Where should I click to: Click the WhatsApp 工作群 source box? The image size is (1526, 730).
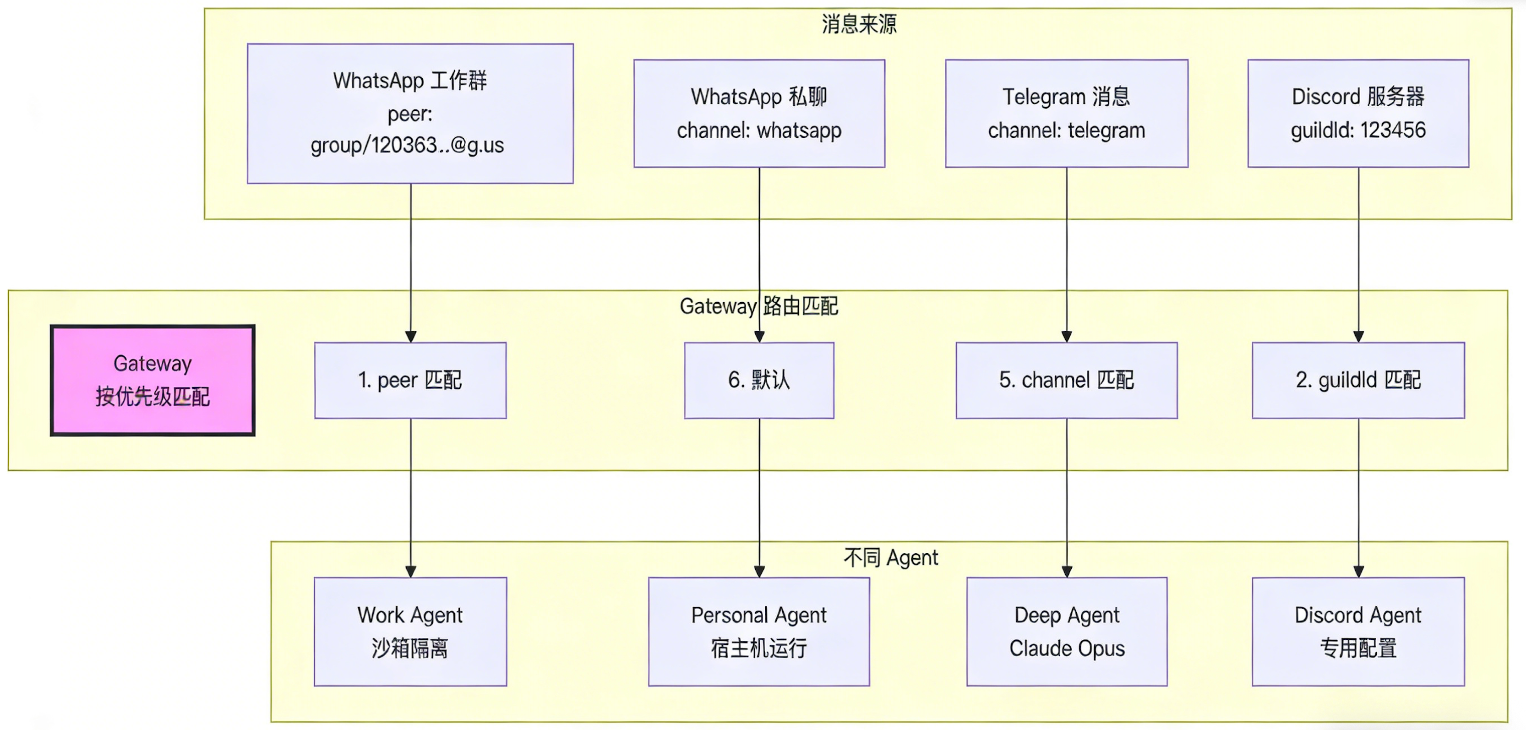pos(410,113)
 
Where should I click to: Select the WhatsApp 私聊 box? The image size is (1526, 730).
pos(759,113)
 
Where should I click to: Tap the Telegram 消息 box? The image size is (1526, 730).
pos(1066,113)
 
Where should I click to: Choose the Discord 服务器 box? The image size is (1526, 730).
pos(1358,113)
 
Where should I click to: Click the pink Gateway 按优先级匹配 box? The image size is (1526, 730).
pos(153,380)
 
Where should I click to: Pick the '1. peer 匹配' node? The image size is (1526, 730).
pos(410,380)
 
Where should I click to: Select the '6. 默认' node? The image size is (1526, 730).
pos(759,380)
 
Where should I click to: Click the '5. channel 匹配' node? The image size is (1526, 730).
pos(1066,380)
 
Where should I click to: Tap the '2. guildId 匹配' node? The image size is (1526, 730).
pos(1358,380)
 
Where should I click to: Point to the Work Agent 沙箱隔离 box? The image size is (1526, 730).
pos(410,631)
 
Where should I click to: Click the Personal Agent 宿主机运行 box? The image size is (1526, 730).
pos(759,631)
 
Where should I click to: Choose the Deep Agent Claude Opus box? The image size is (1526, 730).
pos(1066,631)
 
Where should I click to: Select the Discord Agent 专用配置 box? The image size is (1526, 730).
pos(1358,631)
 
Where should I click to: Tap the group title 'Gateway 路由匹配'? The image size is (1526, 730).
pos(758,306)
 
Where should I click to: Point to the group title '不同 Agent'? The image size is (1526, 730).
pos(890,557)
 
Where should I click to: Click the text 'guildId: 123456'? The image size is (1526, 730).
pos(1358,130)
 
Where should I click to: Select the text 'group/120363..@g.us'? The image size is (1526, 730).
pos(407,145)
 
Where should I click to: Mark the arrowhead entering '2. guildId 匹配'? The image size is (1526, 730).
pos(1358,337)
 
